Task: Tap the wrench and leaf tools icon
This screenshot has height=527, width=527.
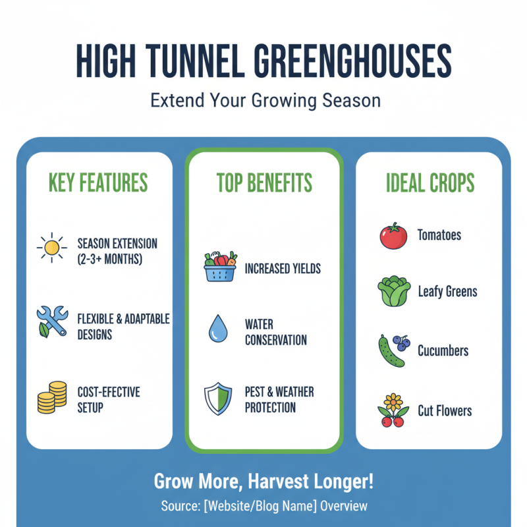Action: [51, 321]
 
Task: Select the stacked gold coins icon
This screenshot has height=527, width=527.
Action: [51, 397]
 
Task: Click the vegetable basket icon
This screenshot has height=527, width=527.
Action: [220, 267]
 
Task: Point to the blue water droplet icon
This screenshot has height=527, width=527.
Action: [217, 329]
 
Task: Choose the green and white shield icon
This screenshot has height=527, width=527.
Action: [218, 399]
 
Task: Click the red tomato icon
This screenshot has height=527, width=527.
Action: [393, 235]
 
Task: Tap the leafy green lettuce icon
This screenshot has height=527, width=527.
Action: [393, 291]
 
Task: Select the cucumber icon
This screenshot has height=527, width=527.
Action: [392, 350]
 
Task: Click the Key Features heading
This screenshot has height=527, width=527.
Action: [98, 182]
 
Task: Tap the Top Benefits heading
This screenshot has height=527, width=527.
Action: [264, 182]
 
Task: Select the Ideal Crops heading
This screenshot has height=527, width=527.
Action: [430, 182]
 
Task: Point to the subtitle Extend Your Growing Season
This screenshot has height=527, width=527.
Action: [263, 101]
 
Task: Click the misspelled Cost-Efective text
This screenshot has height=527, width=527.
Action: [108, 391]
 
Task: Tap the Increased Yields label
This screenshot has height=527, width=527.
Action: [283, 269]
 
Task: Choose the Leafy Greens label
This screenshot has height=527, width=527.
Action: [447, 291]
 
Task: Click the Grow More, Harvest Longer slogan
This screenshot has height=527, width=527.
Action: [263, 481]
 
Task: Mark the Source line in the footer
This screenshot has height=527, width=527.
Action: [263, 507]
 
